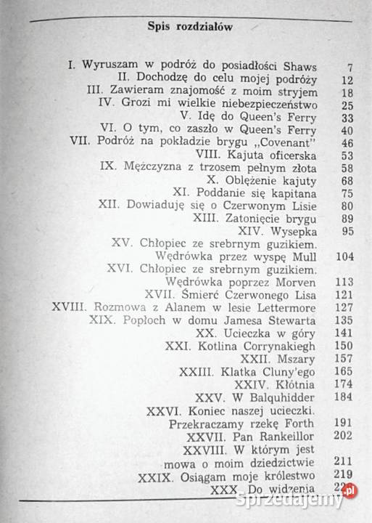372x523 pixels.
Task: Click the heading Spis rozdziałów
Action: point(189,27)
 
